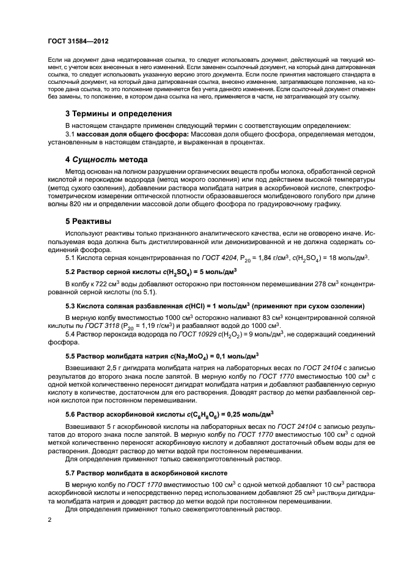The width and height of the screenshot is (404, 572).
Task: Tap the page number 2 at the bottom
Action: point(50,520)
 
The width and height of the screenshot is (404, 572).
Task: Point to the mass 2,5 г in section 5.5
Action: point(111,368)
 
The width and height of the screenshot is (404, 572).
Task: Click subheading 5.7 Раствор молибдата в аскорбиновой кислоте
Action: point(146,474)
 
